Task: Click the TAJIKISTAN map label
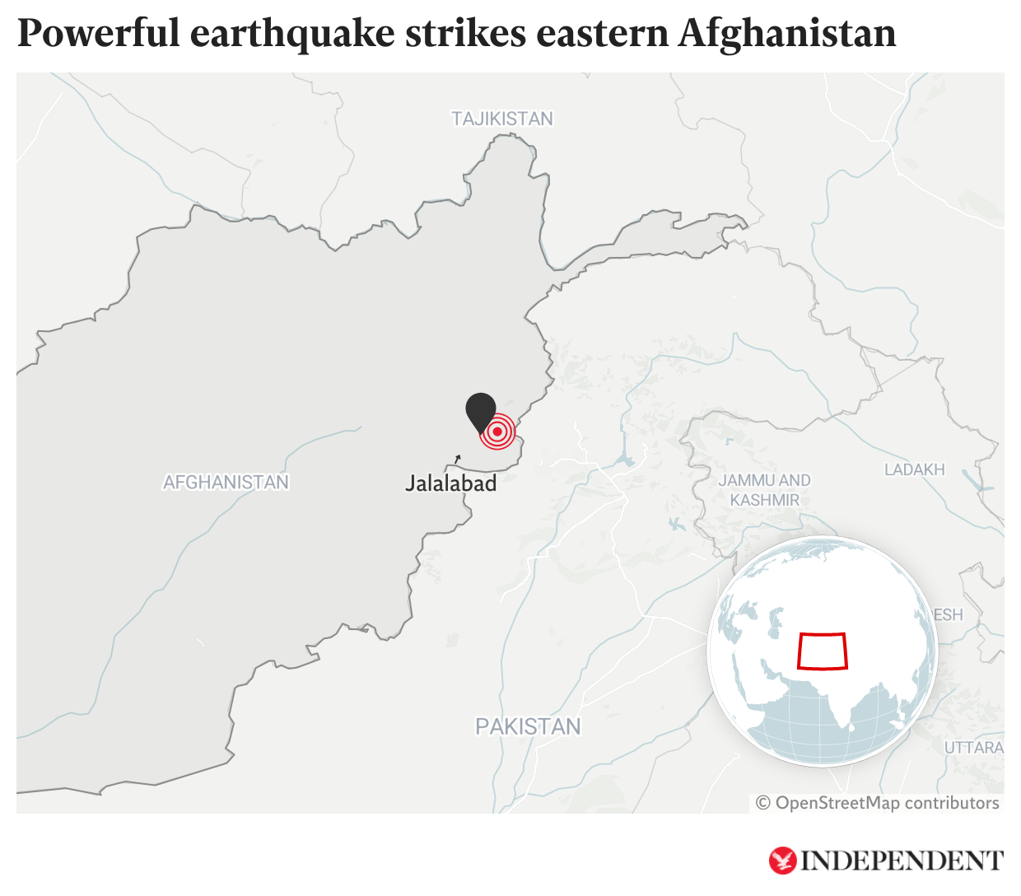coord(501,119)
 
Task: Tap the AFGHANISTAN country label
coord(226,482)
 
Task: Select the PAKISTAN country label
coord(528,726)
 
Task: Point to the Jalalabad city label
coord(450,483)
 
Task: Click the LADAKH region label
coord(914,469)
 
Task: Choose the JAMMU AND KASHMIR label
coord(764,490)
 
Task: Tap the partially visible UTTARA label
coord(974,747)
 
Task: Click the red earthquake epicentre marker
coord(497,432)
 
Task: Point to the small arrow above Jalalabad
coord(458,458)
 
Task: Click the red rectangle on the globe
coord(822,651)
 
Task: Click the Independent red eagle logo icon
coord(782,861)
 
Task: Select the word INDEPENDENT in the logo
coord(902,861)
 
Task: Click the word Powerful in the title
coord(98,34)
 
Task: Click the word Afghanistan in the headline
coord(787,34)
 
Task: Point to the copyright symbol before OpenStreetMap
coord(763,803)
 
